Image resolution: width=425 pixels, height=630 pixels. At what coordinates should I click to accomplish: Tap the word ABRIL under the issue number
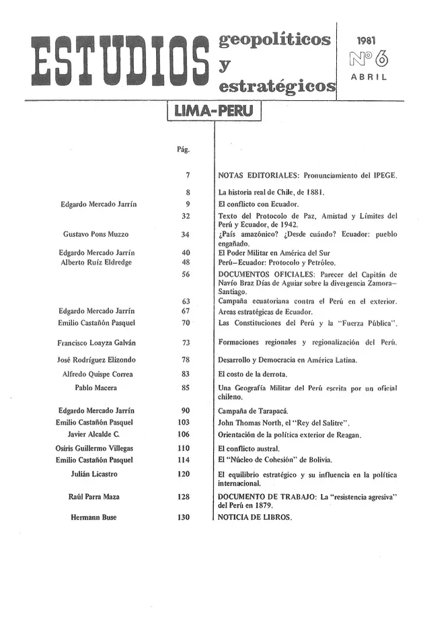pos(370,77)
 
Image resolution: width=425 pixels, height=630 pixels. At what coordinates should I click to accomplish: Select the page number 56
pos(186,274)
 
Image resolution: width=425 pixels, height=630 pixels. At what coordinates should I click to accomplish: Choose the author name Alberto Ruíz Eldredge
pos(98,262)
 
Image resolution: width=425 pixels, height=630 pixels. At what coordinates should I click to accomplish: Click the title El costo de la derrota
pos(252,374)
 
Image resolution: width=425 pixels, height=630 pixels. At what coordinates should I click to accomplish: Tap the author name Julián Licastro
pos(95,475)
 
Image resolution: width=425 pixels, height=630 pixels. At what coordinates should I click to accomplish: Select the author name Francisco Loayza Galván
pos(98,343)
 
